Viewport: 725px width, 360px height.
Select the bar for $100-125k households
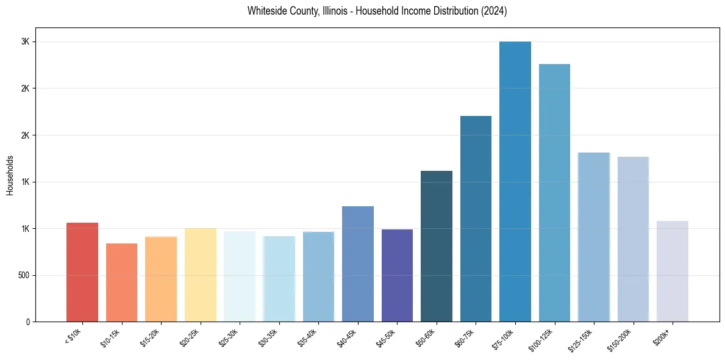(554, 193)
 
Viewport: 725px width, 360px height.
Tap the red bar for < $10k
(82, 272)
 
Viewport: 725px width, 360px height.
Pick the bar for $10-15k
(121, 283)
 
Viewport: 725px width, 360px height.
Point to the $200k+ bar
(672, 272)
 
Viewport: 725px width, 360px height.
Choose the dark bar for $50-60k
(437, 247)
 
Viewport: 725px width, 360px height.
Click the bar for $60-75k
(476, 219)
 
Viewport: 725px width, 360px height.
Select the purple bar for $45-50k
(397, 276)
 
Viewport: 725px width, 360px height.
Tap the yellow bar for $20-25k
(200, 275)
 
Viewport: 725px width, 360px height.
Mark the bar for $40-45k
(358, 264)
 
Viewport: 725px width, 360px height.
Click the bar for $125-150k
(593, 237)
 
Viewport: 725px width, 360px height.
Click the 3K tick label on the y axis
(26, 41)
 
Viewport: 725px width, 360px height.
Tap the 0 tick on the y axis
(29, 322)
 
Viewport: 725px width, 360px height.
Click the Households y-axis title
(10, 175)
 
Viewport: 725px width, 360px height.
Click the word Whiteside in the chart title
(266, 11)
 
